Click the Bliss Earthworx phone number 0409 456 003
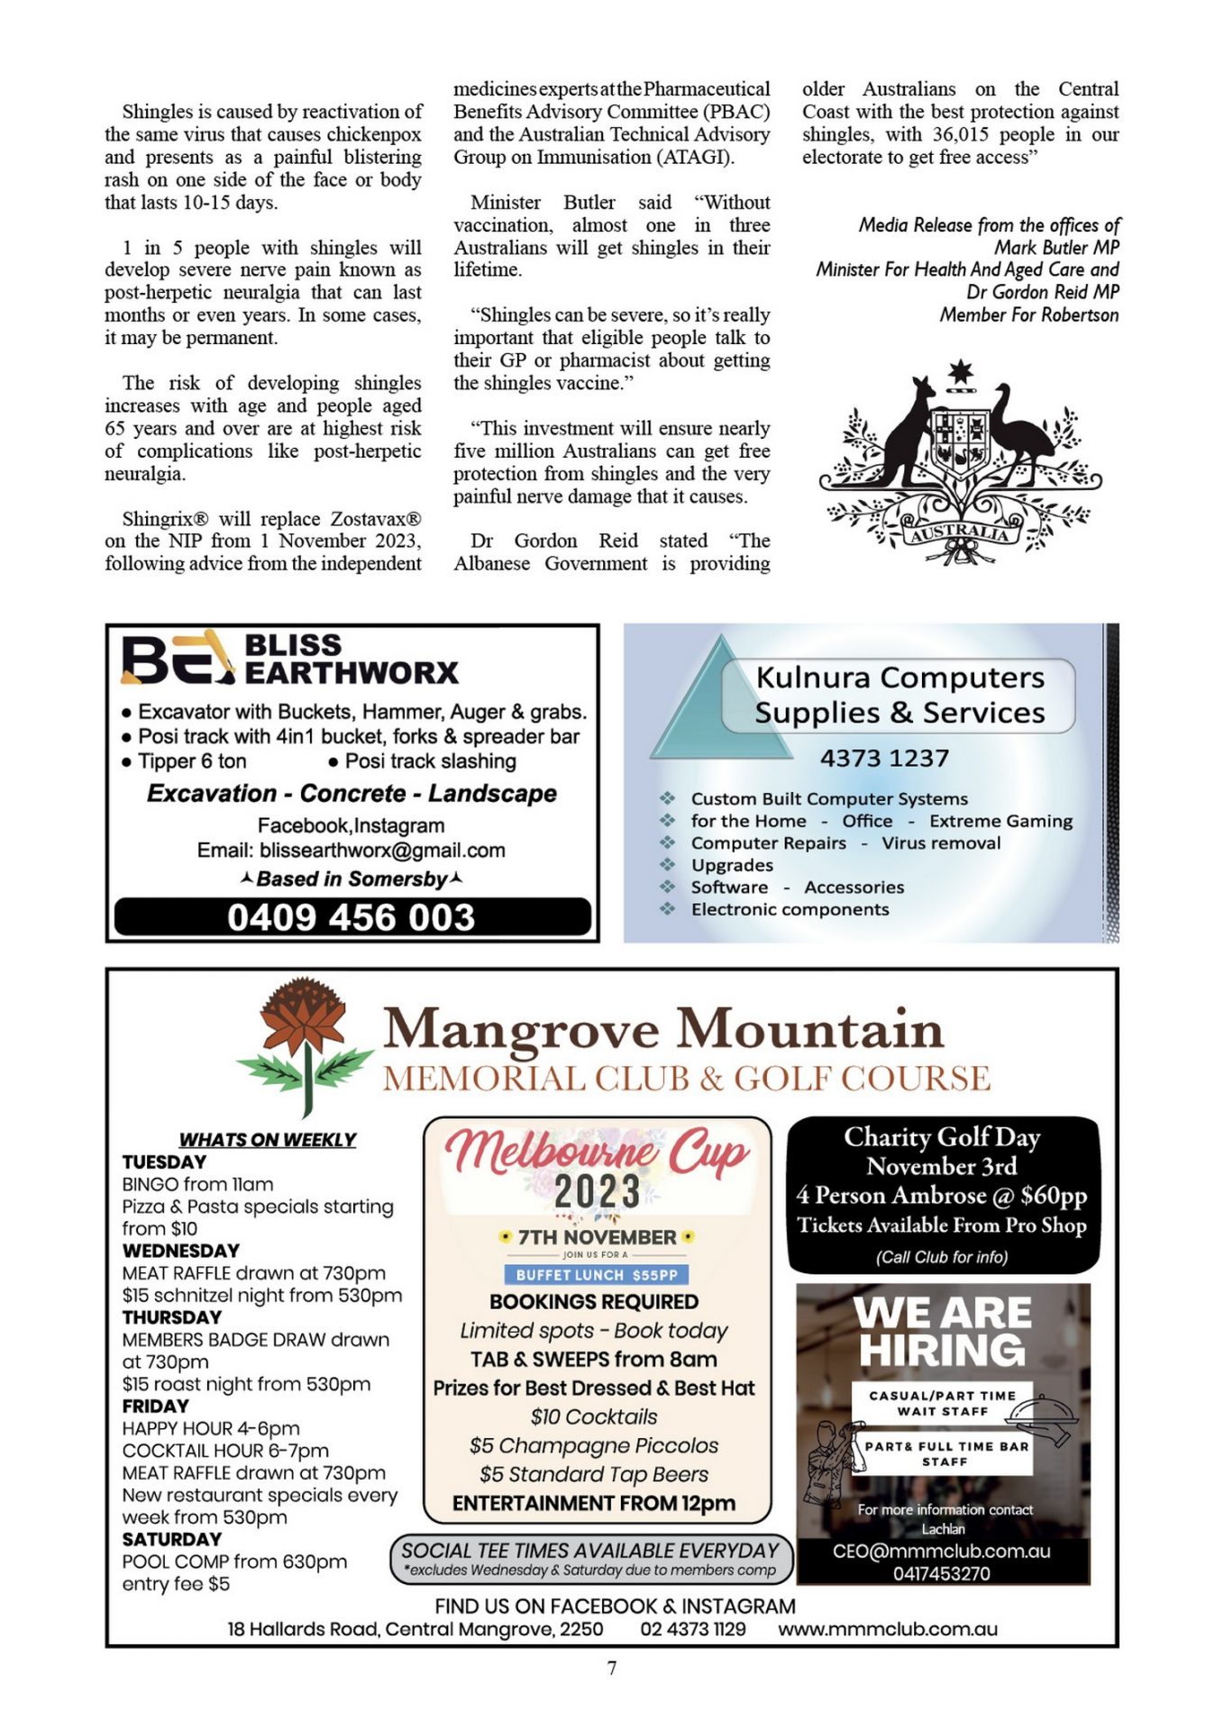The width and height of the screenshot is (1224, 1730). coord(351,917)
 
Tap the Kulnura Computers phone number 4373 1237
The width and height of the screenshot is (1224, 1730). coord(883,758)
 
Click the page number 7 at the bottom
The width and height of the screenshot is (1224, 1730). coord(612,1668)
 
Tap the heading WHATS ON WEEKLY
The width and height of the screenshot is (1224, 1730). coord(267,1140)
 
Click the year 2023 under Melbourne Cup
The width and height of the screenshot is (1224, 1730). coord(597,1191)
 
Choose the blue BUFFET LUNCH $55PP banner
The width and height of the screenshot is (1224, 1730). coord(596,1274)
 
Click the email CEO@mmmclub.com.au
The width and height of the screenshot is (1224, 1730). coord(941,1551)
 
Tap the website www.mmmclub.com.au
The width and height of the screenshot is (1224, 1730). coord(887,1629)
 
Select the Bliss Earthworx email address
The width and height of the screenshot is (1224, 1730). coord(382,851)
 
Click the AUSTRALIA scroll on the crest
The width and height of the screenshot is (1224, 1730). coord(959,533)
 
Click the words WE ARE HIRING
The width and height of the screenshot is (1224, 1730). coord(942,1332)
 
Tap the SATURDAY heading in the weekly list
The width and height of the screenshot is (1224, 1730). coord(171,1539)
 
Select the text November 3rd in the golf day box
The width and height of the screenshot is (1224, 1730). coord(941,1166)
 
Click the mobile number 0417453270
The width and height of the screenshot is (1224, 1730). coord(941,1573)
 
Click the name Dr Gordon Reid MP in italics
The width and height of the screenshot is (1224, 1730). coord(1043,292)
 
